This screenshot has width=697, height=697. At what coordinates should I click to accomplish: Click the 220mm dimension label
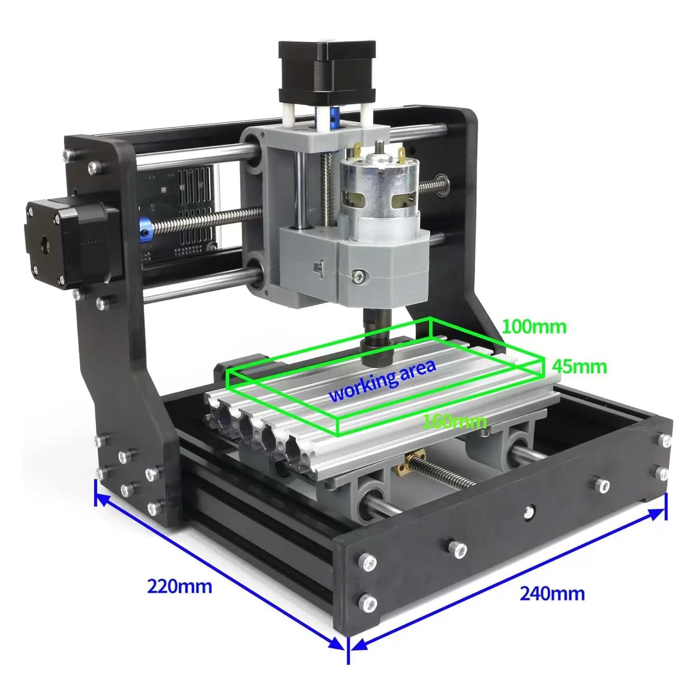[179, 586]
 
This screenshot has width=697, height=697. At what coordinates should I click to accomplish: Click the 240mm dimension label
[552, 593]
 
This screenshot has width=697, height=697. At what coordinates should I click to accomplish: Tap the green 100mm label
[534, 327]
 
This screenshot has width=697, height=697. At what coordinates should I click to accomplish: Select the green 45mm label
[579, 367]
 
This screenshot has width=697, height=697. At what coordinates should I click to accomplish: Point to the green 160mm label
[454, 421]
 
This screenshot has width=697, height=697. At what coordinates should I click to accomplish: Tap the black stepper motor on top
[327, 72]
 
